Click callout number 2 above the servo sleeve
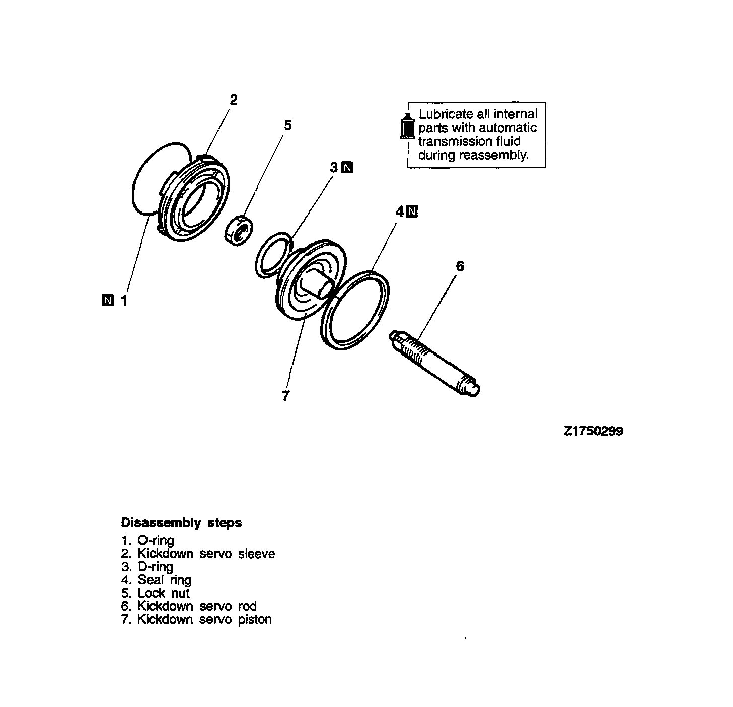click(233, 99)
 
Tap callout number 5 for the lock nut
click(287, 125)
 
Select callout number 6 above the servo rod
click(460, 266)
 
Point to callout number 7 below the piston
click(286, 396)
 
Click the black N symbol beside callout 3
click(347, 168)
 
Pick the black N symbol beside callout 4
click(412, 211)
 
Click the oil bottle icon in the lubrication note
click(406, 124)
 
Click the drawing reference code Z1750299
click(593, 432)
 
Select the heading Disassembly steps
click(181, 522)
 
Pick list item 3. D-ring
click(148, 567)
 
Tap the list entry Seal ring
click(157, 580)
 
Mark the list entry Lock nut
click(156, 593)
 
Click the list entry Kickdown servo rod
click(189, 606)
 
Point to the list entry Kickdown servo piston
click(197, 619)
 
